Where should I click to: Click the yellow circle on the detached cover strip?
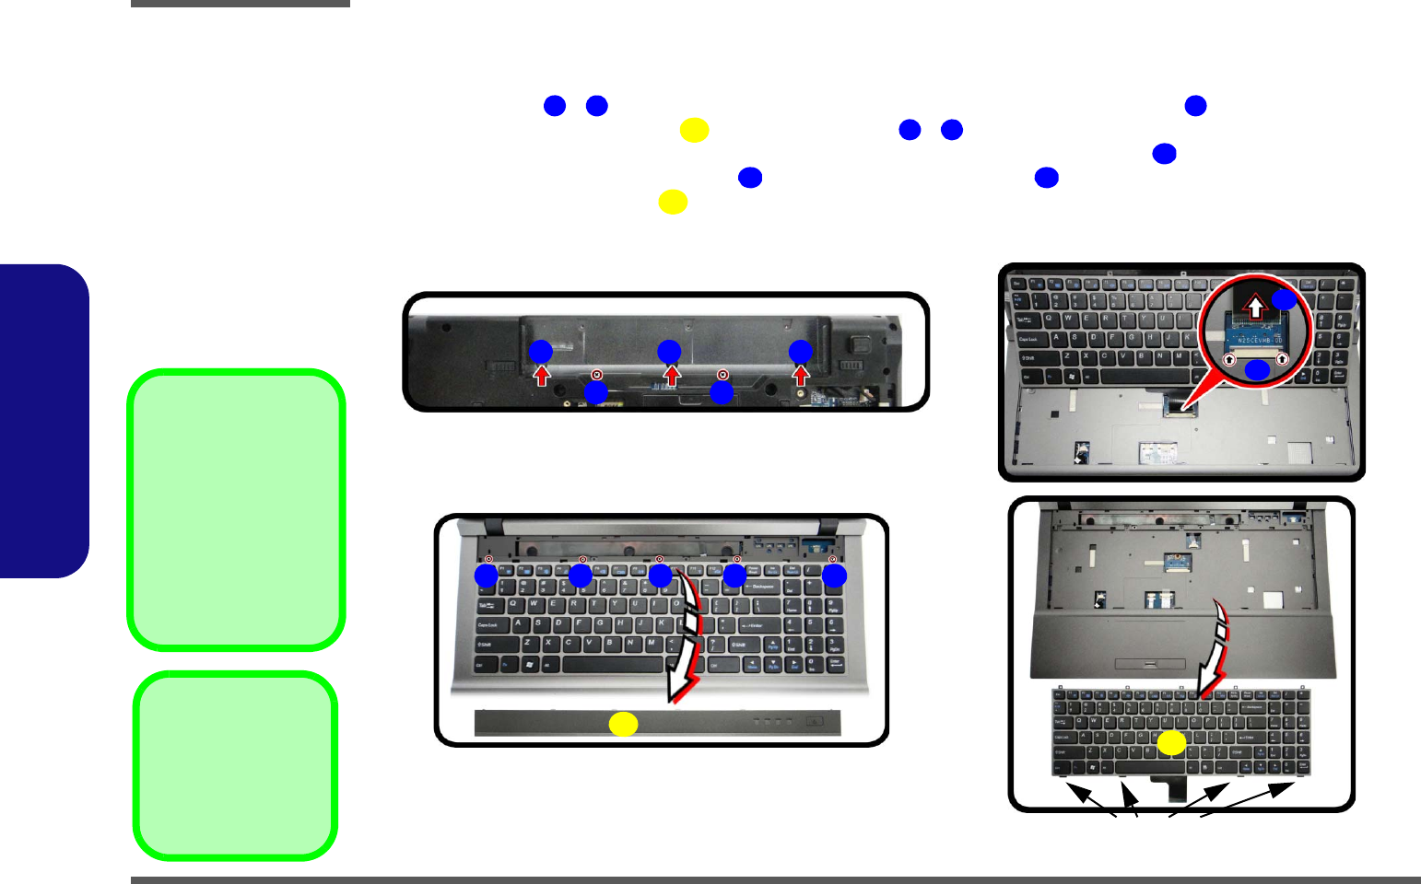click(623, 724)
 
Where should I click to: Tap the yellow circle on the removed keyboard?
click(1171, 743)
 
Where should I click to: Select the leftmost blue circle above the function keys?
click(486, 576)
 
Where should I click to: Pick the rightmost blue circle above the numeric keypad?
click(834, 576)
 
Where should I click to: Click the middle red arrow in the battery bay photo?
click(672, 375)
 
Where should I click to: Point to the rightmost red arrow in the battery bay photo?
click(801, 375)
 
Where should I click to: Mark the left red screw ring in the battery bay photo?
click(597, 375)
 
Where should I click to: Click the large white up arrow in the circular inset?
click(1255, 307)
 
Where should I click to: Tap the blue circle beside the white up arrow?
click(1284, 299)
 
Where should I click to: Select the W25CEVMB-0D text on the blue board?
click(1254, 339)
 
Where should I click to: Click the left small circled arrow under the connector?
click(1229, 359)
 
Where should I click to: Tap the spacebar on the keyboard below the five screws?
click(613, 664)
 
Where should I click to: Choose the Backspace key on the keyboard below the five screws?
click(761, 586)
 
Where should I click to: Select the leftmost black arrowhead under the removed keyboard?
click(1074, 790)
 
